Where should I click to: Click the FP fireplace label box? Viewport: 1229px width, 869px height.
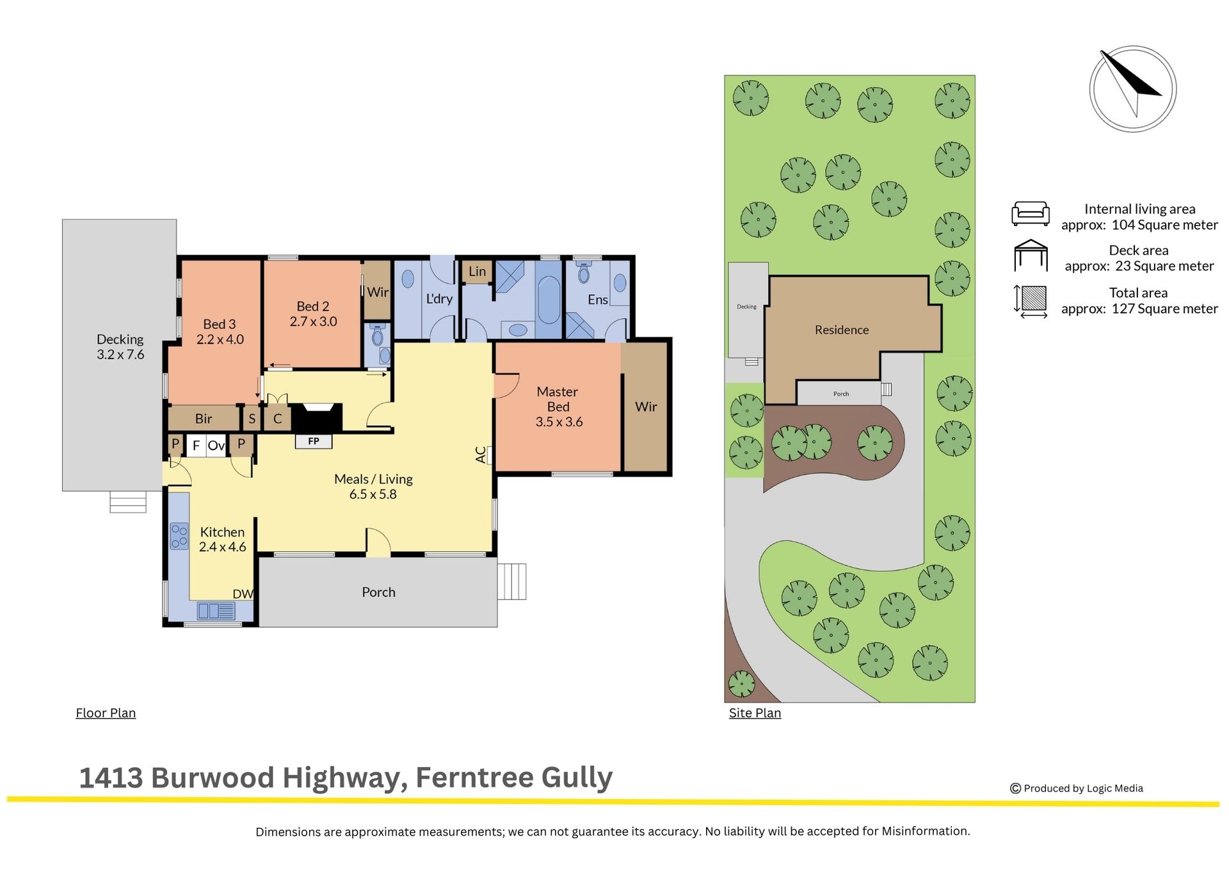pos(313,441)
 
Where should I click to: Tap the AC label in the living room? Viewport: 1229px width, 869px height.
pos(481,455)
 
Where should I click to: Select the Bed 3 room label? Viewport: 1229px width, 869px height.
pos(220,324)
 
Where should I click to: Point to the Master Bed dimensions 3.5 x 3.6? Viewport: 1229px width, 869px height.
pos(559,422)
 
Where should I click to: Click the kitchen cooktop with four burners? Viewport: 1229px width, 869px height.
pos(179,536)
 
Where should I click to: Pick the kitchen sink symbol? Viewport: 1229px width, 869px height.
pos(216,611)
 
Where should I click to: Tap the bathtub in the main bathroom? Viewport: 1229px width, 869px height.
pos(549,300)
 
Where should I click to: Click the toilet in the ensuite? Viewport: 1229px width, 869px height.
pos(583,273)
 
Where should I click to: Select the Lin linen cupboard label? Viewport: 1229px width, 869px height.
pos(477,272)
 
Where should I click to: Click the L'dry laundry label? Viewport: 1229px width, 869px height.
pos(439,298)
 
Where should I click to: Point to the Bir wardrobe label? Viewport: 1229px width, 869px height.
pos(204,419)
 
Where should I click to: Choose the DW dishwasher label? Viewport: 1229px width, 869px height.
pos(243,594)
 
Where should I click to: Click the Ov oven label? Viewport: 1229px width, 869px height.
pos(216,445)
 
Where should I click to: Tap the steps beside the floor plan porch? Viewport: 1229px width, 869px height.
pos(512,581)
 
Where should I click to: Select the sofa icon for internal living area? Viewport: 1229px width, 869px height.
pos(1031,213)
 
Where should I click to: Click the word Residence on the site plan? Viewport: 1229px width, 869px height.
pos(842,330)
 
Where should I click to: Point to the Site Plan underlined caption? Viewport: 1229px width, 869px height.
pos(755,713)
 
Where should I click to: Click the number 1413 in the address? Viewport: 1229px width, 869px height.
pos(111,777)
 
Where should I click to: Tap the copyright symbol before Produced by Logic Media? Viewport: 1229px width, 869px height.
pos(1015,788)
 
